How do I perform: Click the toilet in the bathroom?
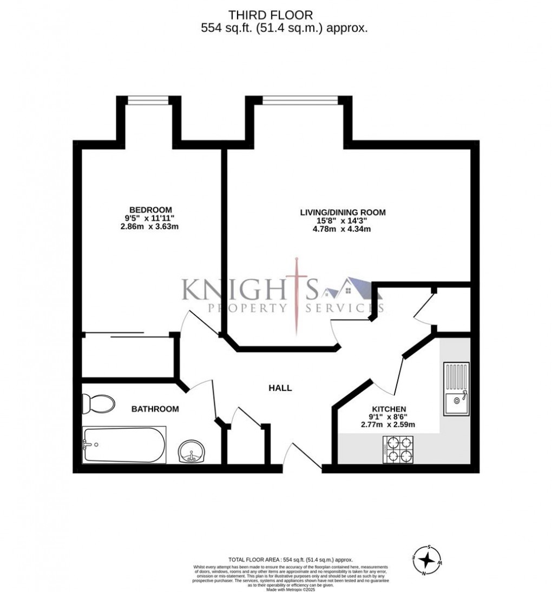point(98,403)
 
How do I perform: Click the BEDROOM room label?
point(150,210)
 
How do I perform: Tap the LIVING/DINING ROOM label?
point(343,212)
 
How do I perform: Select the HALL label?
point(280,388)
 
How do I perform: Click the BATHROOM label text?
point(155,409)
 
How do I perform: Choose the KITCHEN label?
point(389,409)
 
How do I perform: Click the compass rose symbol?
point(428,559)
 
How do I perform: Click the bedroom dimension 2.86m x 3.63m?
point(150,227)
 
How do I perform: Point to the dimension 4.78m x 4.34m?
point(343,229)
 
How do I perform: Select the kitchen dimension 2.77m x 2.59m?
point(388,424)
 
